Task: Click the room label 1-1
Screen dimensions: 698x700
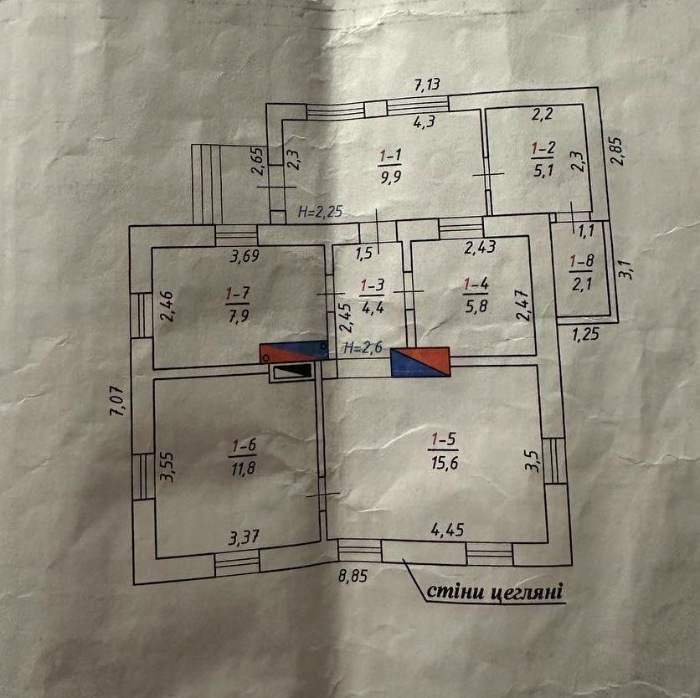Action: click(390, 155)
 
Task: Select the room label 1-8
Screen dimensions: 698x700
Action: click(581, 260)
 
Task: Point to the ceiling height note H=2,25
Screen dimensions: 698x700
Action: click(320, 213)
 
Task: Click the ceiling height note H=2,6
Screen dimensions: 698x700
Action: click(363, 347)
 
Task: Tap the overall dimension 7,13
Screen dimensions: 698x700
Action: click(428, 84)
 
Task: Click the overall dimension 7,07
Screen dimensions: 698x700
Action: click(117, 400)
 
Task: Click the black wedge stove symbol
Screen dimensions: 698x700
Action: click(291, 371)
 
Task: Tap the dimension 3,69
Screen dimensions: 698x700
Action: click(244, 256)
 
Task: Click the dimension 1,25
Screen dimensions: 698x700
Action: click(587, 336)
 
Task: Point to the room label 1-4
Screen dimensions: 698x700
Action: click(476, 285)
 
